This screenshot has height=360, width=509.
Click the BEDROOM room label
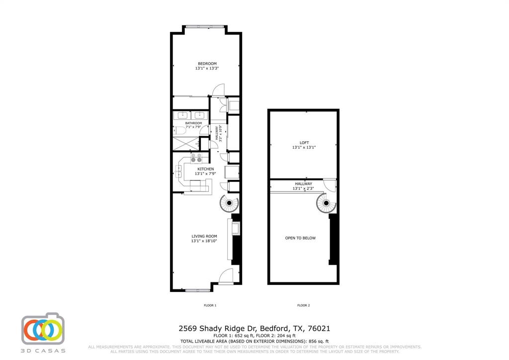coord(207,64)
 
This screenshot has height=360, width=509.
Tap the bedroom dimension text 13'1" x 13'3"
coord(207,69)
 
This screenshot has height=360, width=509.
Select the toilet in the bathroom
coord(177,131)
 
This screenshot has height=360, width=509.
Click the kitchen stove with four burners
coord(196,158)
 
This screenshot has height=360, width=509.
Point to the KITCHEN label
coord(205,169)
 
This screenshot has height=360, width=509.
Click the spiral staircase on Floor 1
coord(229,203)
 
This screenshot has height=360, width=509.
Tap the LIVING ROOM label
coord(204,236)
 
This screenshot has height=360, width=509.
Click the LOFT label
coord(304,143)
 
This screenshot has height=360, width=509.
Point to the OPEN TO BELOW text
coord(300,238)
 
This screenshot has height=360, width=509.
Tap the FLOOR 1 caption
coord(210,305)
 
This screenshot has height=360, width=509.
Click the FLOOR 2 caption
coord(303,305)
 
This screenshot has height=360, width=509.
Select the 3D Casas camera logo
coord(43,329)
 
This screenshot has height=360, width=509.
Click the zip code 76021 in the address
coord(320,329)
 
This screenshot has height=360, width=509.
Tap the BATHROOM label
coord(193,123)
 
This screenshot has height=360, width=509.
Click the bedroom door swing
coord(218,90)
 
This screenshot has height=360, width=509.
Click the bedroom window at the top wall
coord(206,26)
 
